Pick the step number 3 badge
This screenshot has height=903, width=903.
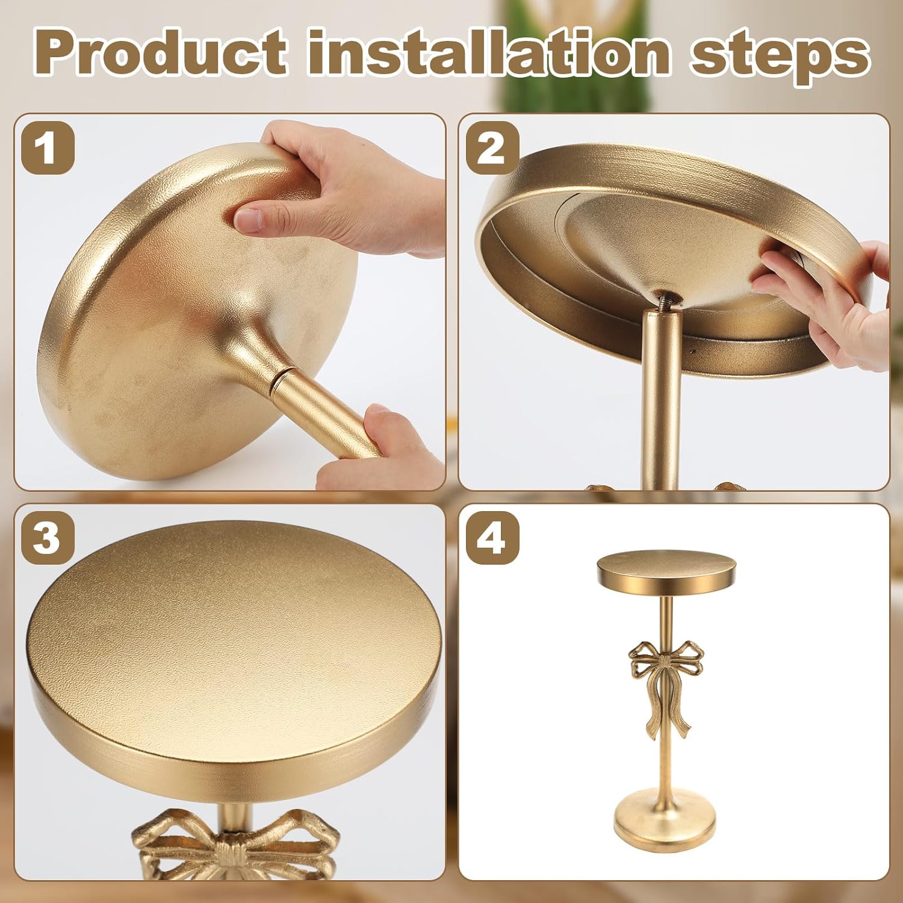(x=48, y=538)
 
